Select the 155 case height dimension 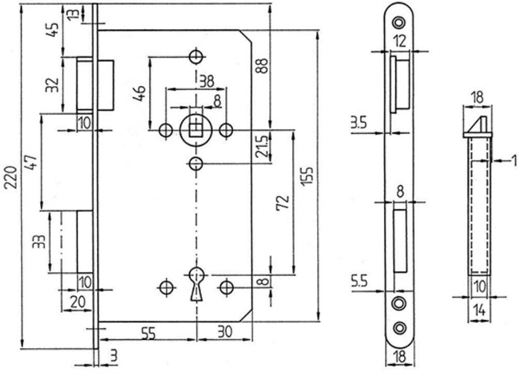[308, 176]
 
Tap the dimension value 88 [262, 65]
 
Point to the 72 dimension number [283, 203]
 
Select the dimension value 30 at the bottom [225, 332]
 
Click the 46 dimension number [139, 93]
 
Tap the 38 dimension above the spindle [207, 81]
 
